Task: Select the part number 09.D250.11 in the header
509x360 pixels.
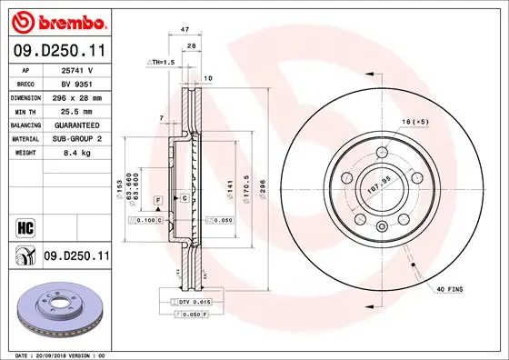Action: [59, 52]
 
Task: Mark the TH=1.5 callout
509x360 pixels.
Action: [163, 62]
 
